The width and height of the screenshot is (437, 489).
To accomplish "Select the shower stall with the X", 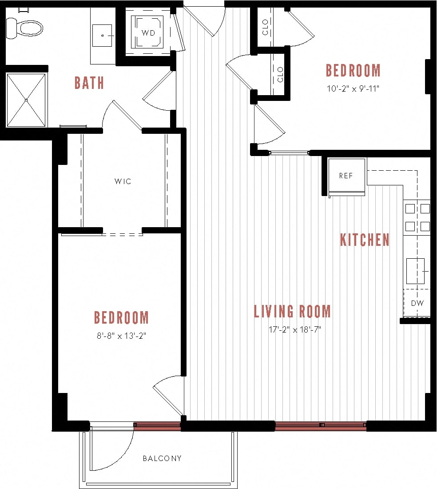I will [26, 100].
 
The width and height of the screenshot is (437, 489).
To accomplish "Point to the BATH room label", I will [89, 83].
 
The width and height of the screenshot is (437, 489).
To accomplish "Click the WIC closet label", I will [123, 181].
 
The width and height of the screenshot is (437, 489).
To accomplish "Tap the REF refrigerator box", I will [346, 176].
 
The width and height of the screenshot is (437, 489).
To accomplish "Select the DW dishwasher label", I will [417, 303].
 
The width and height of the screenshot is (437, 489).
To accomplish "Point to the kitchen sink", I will [416, 271].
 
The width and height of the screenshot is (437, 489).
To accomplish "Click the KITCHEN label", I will [365, 240].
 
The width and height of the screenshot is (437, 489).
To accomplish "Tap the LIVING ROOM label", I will [292, 311].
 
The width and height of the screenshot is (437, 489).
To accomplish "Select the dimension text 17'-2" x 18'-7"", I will [294, 329].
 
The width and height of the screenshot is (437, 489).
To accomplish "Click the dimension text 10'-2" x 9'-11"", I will [353, 88].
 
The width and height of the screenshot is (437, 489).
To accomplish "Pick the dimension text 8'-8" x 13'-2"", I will [121, 336].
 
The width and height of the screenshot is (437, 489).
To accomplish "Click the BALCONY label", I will [162, 458].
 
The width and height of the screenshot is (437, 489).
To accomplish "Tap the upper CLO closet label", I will [266, 28].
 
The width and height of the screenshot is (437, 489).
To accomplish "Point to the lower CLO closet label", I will [280, 75].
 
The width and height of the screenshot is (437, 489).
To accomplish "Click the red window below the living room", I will [321, 425].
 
